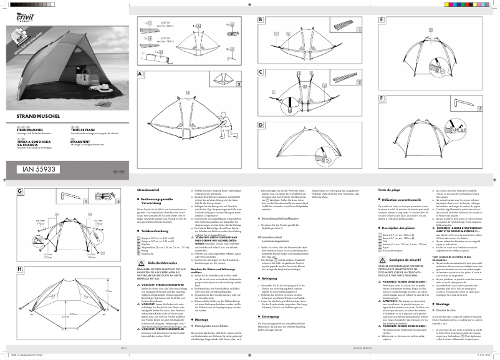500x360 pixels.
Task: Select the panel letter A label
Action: tap(142, 74)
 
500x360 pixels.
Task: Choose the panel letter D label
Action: tap(260, 125)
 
